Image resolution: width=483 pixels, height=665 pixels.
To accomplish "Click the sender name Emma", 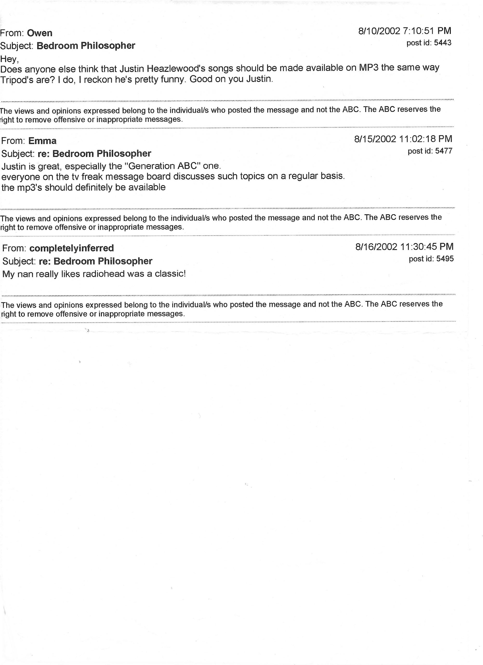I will coord(42,141).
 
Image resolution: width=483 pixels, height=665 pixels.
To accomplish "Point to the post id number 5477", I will coord(444,151).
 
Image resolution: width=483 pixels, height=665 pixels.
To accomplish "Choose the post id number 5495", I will coord(445,259).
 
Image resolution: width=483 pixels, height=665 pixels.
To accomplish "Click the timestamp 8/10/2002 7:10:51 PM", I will coord(405,31).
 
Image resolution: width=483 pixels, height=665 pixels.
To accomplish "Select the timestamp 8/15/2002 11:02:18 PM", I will coord(403,139).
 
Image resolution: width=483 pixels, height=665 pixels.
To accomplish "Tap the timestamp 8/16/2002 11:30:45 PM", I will coord(405,247).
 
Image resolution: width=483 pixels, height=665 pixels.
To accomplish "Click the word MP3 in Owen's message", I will coord(369,68).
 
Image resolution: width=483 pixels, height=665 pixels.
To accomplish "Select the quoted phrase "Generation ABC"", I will coord(162,166).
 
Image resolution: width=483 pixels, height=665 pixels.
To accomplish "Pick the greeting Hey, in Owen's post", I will coord(10,59).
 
